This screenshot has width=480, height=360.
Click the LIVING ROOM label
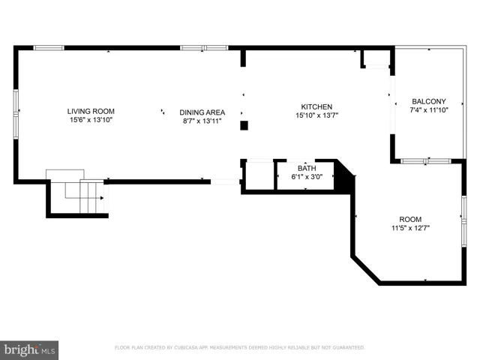pos(91,112)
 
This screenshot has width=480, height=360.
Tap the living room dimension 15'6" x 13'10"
pos(91,120)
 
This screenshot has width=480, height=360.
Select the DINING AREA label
pos(202,112)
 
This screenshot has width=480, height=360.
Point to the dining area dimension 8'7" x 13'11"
pos(202,121)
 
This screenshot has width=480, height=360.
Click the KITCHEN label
pos(316,106)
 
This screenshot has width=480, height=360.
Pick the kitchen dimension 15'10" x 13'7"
pos(316,115)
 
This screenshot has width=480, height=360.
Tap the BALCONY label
pos(428,101)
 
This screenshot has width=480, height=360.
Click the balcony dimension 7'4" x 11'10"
pos(429,110)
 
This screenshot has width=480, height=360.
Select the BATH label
pos(307,168)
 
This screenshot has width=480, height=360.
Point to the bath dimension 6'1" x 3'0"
pos(307,177)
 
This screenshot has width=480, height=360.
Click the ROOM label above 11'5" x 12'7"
pos(410,220)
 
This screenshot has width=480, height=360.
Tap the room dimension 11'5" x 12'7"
pos(410,228)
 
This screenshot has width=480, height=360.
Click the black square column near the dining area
pos(244,125)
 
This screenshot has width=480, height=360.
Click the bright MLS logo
pos(29,350)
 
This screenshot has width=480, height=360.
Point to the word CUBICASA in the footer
pos(186,348)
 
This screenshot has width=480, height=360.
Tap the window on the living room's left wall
pos(16,114)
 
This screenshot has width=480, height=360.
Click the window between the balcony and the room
pos(426,161)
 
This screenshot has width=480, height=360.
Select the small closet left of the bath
pos(259,175)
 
